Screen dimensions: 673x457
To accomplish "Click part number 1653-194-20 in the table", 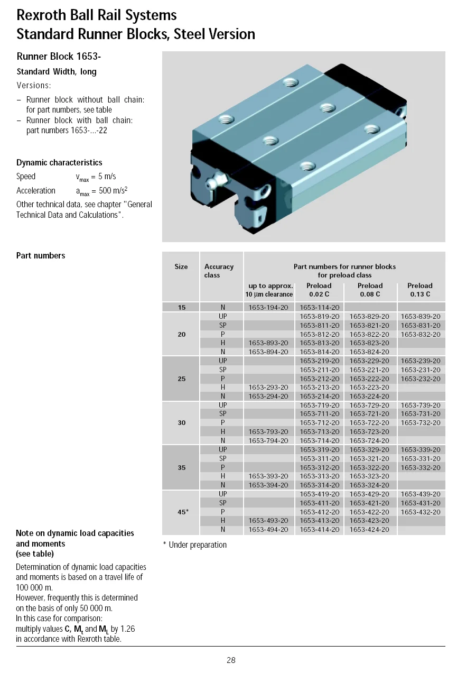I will click(x=268, y=307).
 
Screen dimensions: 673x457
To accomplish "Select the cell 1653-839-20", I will click(x=420, y=316).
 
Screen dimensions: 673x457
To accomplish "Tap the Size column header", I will click(x=181, y=267).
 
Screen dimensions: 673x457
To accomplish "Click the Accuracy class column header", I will click(x=219, y=271).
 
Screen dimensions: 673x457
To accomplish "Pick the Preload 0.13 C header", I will click(x=420, y=290).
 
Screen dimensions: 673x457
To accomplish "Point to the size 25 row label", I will click(x=181, y=379).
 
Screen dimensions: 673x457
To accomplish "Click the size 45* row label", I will click(x=183, y=512).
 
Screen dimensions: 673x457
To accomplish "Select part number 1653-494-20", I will click(x=268, y=529).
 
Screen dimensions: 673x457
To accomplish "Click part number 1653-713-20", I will click(x=320, y=432).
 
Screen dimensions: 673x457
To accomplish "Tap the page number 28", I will click(x=231, y=660).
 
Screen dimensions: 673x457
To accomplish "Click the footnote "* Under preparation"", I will click(x=194, y=545).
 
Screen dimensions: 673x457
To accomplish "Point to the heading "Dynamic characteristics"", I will click(x=59, y=163).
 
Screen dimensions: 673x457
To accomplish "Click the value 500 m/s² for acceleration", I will click(x=113, y=191).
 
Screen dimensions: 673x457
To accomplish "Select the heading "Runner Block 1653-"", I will click(x=59, y=56).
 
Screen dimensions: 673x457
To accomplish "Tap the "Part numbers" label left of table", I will click(x=41, y=256).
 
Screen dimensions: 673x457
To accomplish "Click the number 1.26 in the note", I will click(x=128, y=629).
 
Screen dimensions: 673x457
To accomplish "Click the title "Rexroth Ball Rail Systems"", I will click(x=97, y=15).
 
